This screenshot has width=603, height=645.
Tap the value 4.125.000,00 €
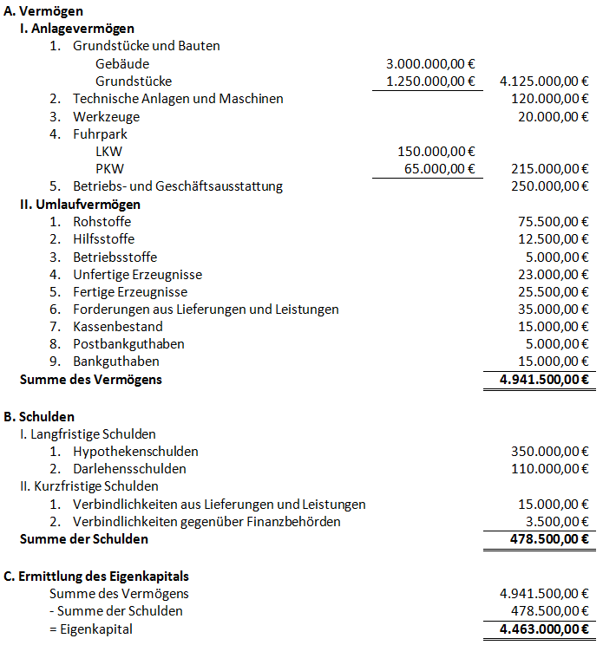coord(539,81)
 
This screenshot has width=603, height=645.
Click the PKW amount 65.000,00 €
coord(440,168)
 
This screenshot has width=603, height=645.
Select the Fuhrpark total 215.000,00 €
coord(544,168)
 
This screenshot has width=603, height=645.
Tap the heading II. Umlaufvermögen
coord(80,204)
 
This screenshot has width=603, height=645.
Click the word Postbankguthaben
coord(129,344)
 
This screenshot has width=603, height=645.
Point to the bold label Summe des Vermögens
coord(91,379)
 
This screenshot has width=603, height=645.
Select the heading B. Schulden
coord(39,416)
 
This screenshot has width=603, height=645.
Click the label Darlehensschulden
coord(130,469)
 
